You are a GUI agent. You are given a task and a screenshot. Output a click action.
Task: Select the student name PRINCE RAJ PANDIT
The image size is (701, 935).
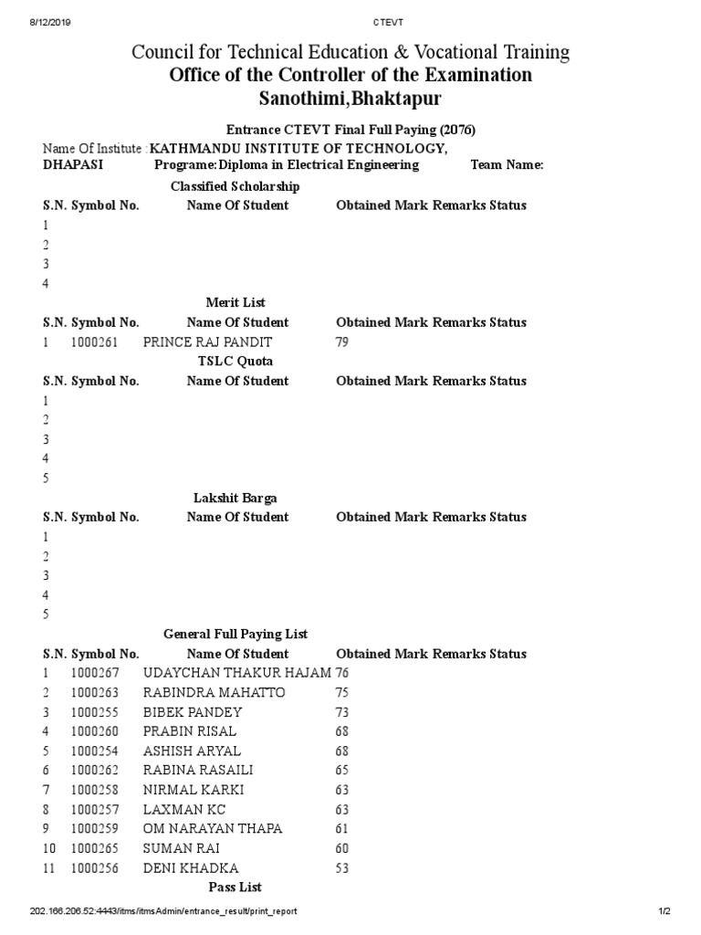(208, 342)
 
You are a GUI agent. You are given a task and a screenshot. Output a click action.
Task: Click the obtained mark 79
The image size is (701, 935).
(343, 342)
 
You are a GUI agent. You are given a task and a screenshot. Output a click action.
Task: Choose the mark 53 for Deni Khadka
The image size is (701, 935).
(343, 867)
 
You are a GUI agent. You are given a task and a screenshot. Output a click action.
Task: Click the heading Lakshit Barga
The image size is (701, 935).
(235, 498)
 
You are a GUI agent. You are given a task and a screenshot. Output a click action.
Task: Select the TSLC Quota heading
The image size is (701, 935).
(235, 362)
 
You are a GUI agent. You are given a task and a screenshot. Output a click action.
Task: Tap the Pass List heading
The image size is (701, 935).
(235, 887)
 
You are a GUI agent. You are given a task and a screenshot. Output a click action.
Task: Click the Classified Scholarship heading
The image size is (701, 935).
(235, 186)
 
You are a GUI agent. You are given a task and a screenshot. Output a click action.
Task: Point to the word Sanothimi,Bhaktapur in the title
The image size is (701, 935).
(350, 98)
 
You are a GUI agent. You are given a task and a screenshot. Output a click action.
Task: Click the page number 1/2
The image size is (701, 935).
(664, 911)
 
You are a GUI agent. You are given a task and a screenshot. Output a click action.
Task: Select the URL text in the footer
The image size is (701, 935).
(163, 911)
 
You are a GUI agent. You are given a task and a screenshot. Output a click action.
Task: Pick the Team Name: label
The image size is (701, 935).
(507, 165)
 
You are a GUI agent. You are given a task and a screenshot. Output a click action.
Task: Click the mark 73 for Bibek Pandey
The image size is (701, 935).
(343, 711)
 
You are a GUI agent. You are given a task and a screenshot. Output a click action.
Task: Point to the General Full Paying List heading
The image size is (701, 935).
(235, 634)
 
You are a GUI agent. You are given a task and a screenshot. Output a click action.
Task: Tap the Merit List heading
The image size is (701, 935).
(235, 302)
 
